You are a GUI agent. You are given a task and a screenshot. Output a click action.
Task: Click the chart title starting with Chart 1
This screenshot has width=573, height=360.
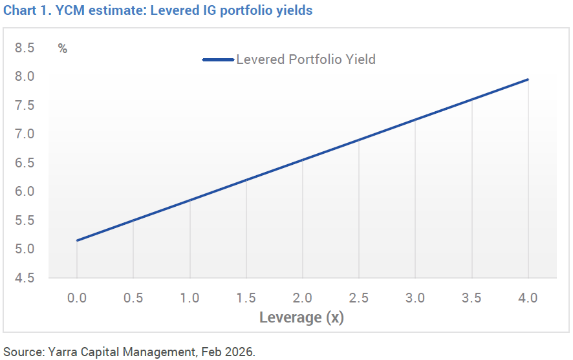(x=158, y=11)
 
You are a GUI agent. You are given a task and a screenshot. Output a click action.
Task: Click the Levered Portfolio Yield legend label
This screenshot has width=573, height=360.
(x=305, y=59)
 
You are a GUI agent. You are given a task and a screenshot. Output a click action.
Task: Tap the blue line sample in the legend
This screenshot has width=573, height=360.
(x=218, y=59)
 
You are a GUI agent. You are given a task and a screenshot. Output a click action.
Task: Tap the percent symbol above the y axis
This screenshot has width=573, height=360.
(x=63, y=48)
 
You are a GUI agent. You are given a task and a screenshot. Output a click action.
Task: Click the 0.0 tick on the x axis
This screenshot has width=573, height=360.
(x=77, y=298)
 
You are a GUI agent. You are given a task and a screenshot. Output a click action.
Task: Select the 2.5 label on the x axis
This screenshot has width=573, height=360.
(x=359, y=298)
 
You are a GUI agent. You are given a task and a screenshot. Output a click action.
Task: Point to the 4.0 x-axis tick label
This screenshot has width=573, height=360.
(x=528, y=298)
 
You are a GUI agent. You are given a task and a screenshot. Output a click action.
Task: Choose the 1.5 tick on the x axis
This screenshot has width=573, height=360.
(x=246, y=298)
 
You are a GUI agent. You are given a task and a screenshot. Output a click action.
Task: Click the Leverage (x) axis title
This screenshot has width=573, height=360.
(x=302, y=318)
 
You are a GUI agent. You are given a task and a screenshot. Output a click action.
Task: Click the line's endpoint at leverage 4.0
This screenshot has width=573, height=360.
(x=528, y=79)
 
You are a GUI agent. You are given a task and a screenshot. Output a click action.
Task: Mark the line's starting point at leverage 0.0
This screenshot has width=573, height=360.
(x=77, y=240)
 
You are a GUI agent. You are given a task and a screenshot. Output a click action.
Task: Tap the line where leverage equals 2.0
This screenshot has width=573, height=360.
(x=303, y=160)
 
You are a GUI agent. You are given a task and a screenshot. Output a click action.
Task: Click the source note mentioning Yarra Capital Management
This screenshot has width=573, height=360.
(x=129, y=352)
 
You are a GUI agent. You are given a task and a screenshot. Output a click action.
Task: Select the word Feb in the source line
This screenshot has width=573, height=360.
(x=218, y=352)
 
